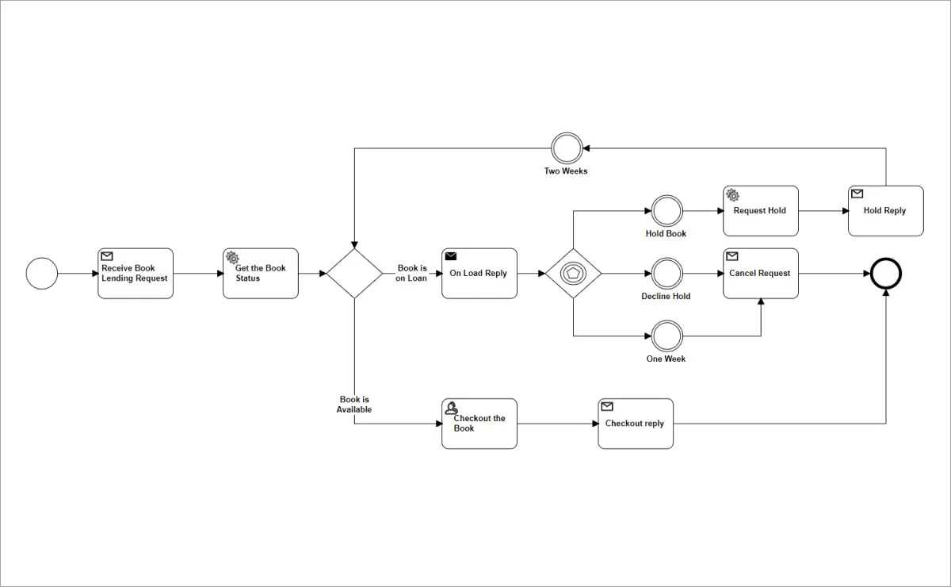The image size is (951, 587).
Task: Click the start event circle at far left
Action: point(42,274)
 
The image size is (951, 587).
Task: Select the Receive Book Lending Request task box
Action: point(136,274)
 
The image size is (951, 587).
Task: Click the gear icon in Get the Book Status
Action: point(232,257)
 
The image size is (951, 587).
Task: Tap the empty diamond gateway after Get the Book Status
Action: point(354,274)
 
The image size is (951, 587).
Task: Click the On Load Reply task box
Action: point(479,274)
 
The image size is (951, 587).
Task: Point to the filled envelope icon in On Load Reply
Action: point(451,256)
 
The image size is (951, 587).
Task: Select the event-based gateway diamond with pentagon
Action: point(573,274)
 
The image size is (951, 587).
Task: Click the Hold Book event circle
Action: point(666,211)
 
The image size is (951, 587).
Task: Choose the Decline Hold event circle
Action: point(666,274)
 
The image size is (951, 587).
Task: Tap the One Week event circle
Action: point(666,336)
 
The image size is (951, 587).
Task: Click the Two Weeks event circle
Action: point(567,148)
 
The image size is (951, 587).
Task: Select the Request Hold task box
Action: point(761,211)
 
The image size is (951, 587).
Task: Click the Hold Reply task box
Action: point(886,211)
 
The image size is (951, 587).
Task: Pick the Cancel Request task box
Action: point(761,274)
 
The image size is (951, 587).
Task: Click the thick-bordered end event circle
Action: point(886,274)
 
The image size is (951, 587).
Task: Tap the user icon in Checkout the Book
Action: point(451,408)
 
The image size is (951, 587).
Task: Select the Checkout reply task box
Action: point(636,424)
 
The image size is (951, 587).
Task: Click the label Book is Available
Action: point(354,405)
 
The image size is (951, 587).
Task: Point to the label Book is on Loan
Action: point(411,273)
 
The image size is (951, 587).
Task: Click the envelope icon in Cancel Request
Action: point(732,256)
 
